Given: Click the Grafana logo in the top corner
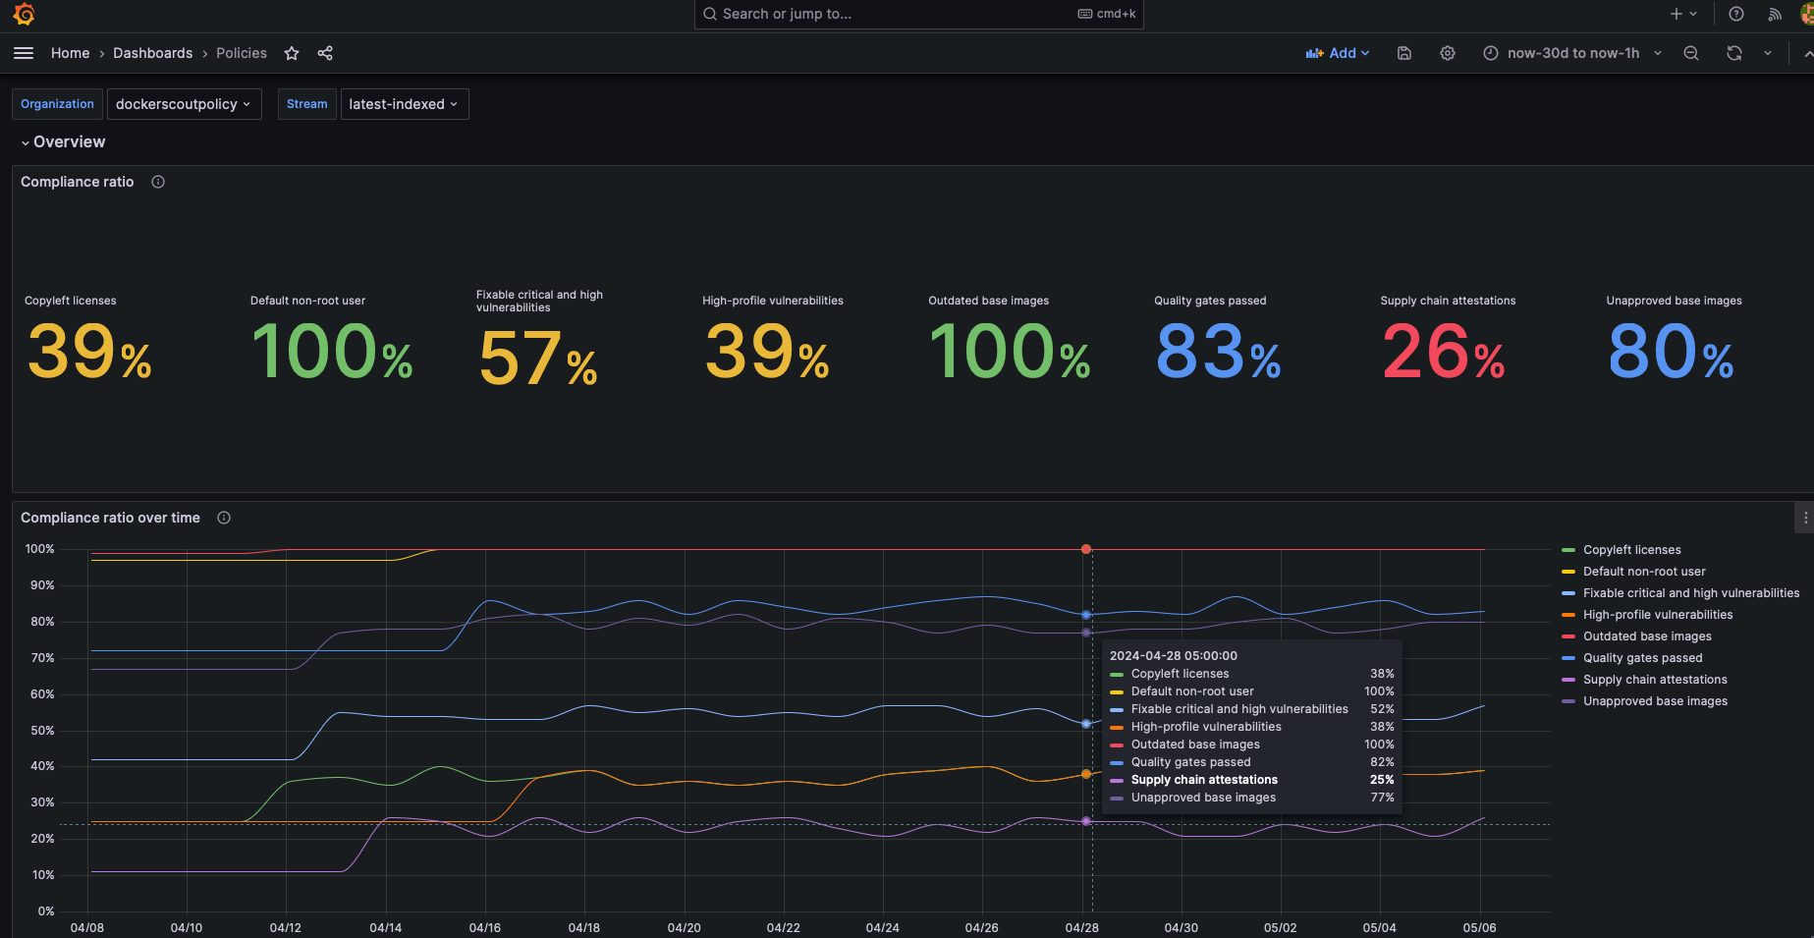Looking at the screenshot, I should click(x=24, y=14).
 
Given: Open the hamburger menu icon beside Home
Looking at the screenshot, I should click(x=24, y=53).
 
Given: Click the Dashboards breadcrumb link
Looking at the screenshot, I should click(x=152, y=53).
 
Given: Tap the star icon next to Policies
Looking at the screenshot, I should click(x=292, y=53).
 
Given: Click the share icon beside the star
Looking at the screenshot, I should click(x=325, y=53).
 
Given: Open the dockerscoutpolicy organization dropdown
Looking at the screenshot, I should click(x=184, y=104).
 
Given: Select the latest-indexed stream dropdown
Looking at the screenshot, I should click(x=404, y=104).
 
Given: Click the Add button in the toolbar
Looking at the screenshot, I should click(x=1337, y=53).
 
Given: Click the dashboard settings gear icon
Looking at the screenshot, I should click(x=1447, y=53).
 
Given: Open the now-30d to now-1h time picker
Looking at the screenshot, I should click(x=1571, y=53).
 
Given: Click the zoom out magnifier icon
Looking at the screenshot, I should click(x=1690, y=53).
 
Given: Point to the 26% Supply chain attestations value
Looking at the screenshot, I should click(x=1443, y=353).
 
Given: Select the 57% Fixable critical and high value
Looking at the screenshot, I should click(x=537, y=359).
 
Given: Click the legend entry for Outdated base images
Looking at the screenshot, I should click(x=1646, y=636).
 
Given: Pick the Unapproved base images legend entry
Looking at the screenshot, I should click(x=1654, y=701).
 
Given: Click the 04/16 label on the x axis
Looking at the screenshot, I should click(x=484, y=927).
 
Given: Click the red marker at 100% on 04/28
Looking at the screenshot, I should click(x=1085, y=549).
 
